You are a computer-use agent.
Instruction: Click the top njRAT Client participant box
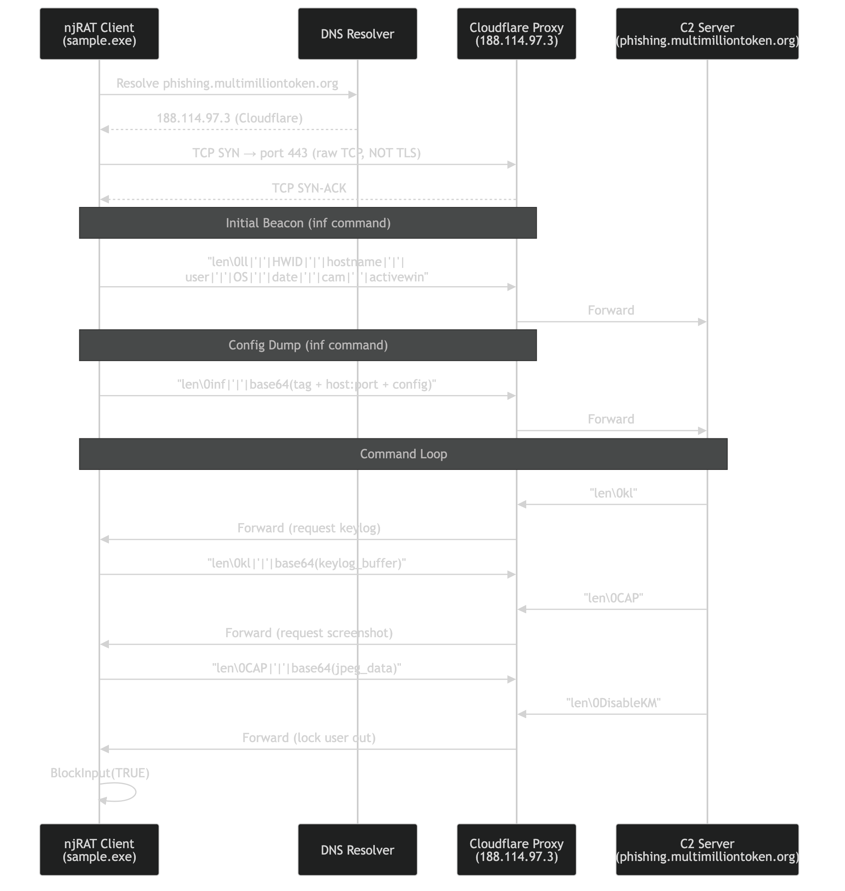coord(99,34)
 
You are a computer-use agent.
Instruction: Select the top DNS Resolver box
coord(357,34)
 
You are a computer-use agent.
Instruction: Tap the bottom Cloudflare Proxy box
coord(516,850)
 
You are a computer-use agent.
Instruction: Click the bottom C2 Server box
coord(707,850)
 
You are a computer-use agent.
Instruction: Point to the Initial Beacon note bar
coord(308,223)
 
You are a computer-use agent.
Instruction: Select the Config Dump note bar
coord(308,345)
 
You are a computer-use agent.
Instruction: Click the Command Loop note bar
coord(403,454)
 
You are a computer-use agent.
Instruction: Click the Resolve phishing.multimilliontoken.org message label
coord(227,84)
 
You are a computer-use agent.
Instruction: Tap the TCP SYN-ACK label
coord(309,188)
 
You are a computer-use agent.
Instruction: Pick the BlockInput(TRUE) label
coord(100,773)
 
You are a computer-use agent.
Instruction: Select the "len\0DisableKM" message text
coord(613,703)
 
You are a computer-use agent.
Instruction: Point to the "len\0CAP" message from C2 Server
coord(613,598)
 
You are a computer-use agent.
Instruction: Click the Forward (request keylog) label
coord(309,528)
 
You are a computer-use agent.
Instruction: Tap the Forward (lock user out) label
coord(309,738)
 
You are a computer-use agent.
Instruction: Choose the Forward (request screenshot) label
coord(309,633)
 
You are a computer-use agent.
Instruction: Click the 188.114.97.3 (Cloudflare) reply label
coord(229,118)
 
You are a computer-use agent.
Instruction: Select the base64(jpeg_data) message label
coord(306,668)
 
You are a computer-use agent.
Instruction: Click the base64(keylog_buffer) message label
coord(306,563)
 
